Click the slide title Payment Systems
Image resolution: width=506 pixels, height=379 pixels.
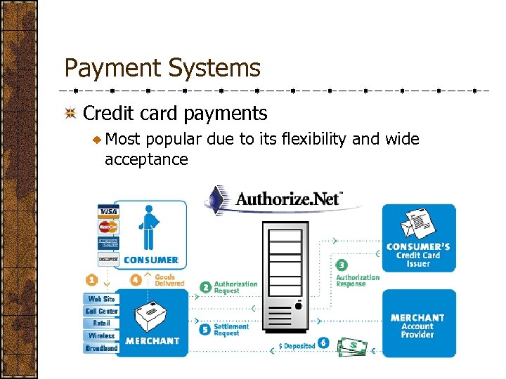(162, 68)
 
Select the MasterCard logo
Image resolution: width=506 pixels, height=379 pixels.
(108, 227)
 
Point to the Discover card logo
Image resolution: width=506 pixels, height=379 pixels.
(108, 259)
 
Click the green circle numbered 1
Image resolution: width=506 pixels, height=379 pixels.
(91, 279)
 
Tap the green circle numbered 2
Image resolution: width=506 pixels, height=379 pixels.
(205, 287)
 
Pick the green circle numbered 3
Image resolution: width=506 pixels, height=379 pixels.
(341, 265)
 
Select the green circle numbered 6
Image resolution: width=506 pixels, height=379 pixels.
(323, 344)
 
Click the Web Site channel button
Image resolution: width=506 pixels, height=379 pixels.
(101, 299)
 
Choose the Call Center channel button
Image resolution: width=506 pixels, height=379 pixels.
(101, 311)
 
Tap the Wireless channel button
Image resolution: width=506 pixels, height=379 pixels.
(101, 335)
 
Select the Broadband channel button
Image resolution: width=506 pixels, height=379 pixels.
(101, 348)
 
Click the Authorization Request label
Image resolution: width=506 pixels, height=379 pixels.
(235, 287)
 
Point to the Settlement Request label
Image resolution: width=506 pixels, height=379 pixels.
(231, 330)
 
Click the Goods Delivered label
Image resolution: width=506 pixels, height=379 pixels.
(169, 280)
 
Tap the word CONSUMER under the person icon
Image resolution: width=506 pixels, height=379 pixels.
(150, 260)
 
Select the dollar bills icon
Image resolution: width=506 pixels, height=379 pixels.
(353, 347)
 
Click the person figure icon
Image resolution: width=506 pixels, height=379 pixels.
(148, 226)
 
